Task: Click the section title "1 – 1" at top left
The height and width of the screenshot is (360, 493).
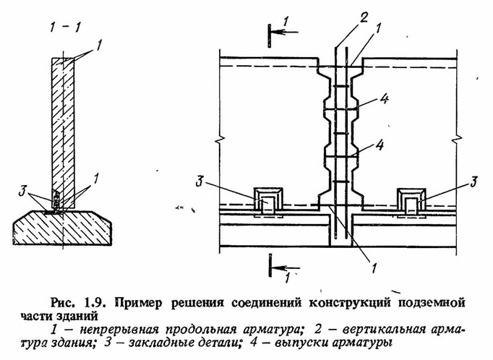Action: point(65,27)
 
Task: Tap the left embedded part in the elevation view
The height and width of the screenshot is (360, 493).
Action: point(268,202)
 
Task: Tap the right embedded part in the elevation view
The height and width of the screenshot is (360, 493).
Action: point(411,202)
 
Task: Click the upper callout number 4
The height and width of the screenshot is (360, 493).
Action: point(384,99)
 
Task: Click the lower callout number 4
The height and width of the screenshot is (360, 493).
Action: point(380,145)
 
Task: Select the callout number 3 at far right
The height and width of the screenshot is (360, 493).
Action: point(473,181)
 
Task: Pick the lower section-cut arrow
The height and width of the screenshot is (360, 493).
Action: point(286,268)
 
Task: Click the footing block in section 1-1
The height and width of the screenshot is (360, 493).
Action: point(62,228)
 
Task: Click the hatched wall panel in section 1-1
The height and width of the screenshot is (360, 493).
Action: point(63,133)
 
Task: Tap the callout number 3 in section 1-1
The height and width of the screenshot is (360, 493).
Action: point(22,192)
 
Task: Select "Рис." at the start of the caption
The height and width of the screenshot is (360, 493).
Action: point(63,304)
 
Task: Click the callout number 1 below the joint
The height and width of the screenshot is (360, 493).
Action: point(374,268)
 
